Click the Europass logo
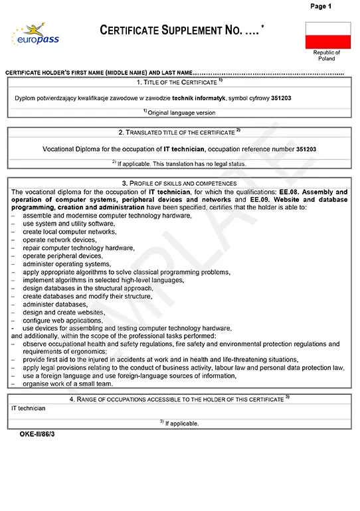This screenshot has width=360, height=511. (35, 35)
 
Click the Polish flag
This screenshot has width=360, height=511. (327, 35)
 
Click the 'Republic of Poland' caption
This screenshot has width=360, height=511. (327, 55)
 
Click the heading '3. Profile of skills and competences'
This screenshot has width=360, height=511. (179, 183)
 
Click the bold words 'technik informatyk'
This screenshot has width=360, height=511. (198, 98)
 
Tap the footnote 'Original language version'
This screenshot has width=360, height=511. (179, 113)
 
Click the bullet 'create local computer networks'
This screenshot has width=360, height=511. (69, 232)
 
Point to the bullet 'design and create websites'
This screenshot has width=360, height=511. (64, 312)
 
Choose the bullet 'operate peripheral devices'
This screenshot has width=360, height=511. (62, 256)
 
